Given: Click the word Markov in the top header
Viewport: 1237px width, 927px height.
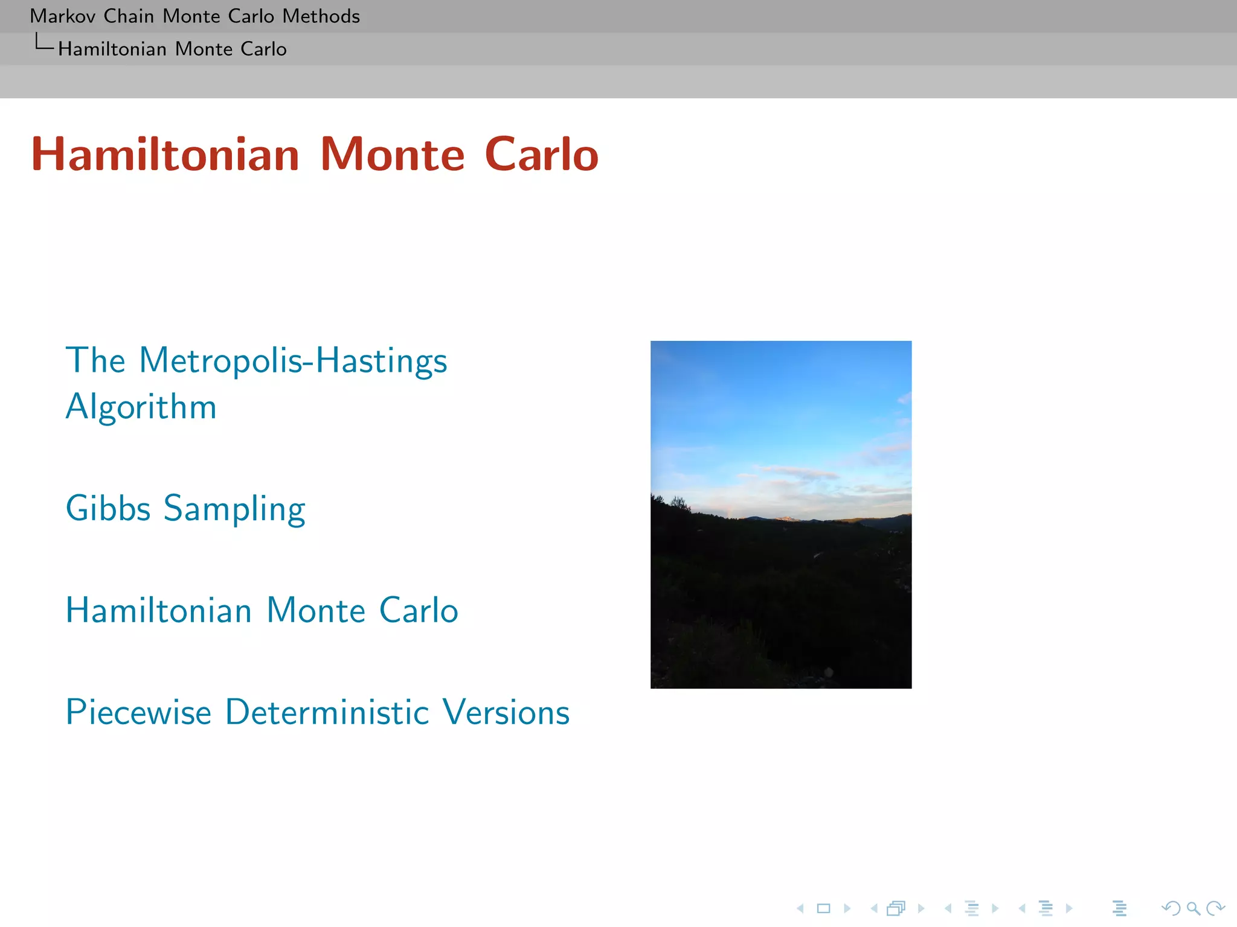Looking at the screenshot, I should tap(62, 16).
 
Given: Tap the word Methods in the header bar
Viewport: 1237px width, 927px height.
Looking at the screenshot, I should tap(321, 16).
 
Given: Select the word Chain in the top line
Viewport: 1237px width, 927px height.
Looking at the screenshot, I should tap(128, 16).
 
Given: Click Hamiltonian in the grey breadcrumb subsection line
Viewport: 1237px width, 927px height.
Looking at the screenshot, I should tap(112, 49).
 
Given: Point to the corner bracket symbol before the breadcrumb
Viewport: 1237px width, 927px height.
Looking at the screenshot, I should tap(44, 43).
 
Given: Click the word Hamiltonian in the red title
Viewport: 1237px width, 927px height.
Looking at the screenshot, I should tap(165, 154).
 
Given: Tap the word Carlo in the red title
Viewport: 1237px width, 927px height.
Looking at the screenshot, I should tap(541, 154).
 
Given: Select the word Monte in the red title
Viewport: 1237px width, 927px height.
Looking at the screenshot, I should tap(392, 154).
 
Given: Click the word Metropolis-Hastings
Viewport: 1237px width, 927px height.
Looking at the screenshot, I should tap(293, 361).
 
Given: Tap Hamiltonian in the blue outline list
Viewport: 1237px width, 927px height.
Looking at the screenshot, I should tap(158, 610).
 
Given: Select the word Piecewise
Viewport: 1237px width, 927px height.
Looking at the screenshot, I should tap(138, 712).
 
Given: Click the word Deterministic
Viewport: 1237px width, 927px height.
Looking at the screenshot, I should tap(327, 712).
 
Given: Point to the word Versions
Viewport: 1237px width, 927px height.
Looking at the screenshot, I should tap(506, 712).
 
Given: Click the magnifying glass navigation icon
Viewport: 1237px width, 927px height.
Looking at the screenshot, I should tap(1193, 908).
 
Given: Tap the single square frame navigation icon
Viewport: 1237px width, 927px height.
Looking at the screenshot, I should tap(823, 908).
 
